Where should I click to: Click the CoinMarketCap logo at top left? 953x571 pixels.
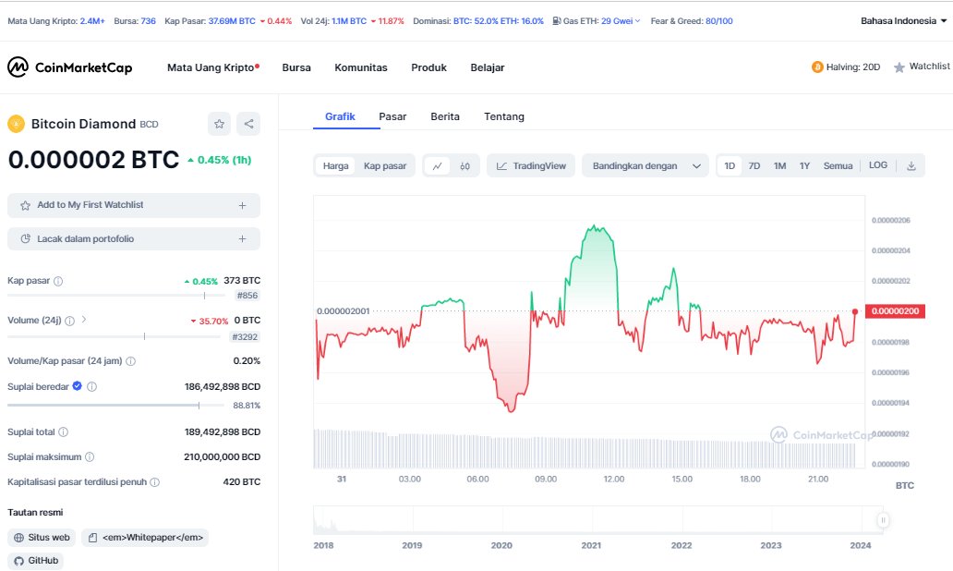(69, 67)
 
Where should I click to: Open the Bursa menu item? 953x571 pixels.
(296, 67)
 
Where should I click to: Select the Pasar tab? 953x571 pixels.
(392, 116)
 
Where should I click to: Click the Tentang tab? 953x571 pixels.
(504, 116)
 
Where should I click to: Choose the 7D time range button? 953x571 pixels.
(754, 165)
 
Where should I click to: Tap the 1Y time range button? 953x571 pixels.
(804, 165)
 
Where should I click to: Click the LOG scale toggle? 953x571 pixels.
(878, 164)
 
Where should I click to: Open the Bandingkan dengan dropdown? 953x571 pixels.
(645, 165)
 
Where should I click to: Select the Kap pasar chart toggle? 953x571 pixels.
(385, 165)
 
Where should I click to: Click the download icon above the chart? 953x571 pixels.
(911, 165)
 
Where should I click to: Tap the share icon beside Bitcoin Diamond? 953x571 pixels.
(248, 124)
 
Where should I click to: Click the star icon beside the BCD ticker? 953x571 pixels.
(219, 124)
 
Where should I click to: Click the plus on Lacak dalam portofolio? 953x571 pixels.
(243, 239)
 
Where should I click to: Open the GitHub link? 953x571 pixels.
(36, 561)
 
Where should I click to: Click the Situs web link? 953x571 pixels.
(42, 538)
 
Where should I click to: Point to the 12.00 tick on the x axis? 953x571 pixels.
(614, 480)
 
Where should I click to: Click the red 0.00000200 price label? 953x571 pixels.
(895, 311)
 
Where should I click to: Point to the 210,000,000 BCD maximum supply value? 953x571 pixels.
(223, 456)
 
